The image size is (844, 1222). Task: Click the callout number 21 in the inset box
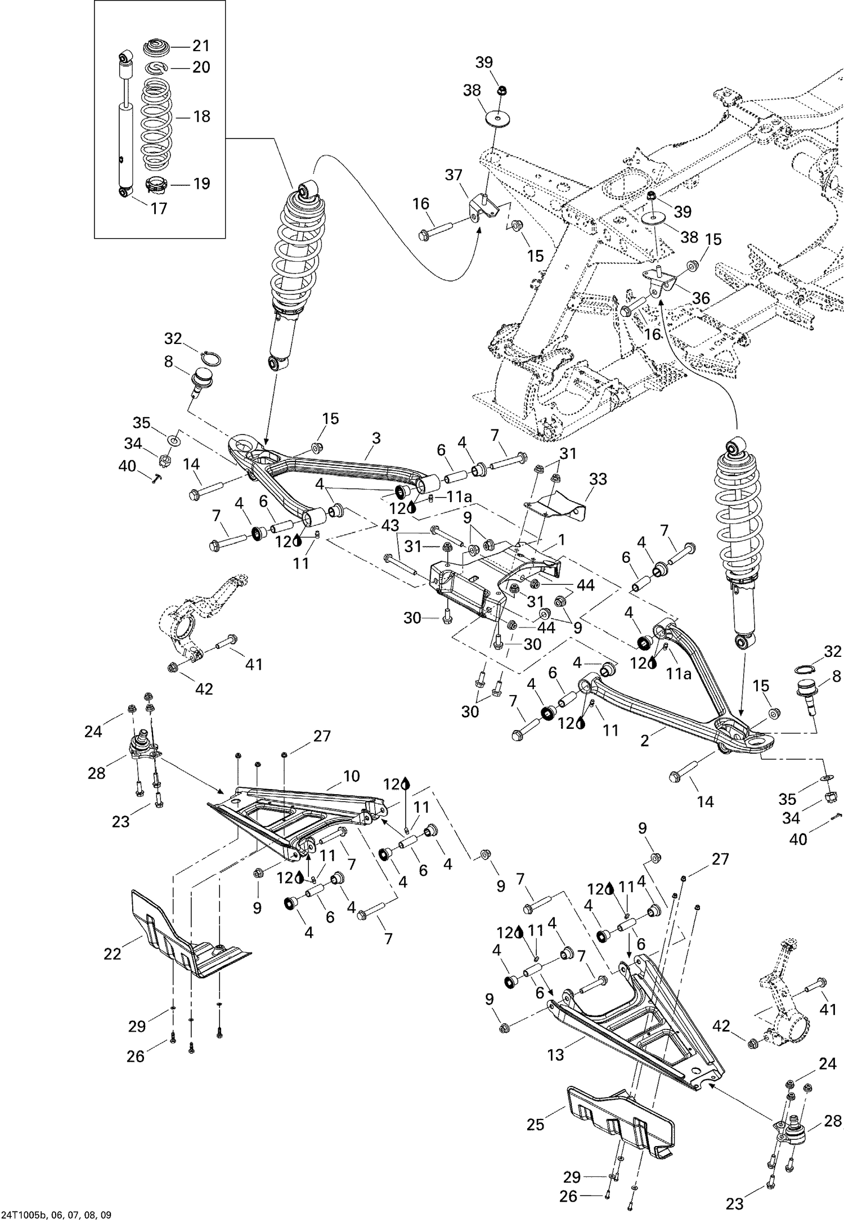point(201,46)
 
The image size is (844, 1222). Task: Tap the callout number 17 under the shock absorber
point(159,208)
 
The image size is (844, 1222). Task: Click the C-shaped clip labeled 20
point(155,68)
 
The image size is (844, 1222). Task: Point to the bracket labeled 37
point(482,205)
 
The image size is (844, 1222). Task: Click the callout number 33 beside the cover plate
point(598,479)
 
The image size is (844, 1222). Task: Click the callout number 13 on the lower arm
point(555,1055)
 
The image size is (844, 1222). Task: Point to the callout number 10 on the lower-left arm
point(351,776)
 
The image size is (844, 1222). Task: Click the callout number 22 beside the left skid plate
point(113,954)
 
